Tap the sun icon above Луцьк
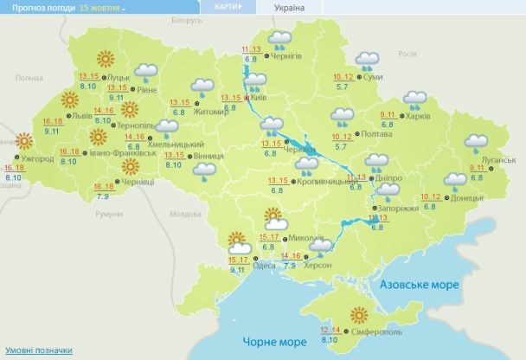[x=106, y=59]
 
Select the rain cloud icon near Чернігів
[x=279, y=39]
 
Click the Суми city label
[x=374, y=78]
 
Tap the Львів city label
[x=83, y=115]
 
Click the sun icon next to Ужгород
[x=25, y=142]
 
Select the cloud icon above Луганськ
[x=477, y=142]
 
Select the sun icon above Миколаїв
[x=273, y=216]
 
